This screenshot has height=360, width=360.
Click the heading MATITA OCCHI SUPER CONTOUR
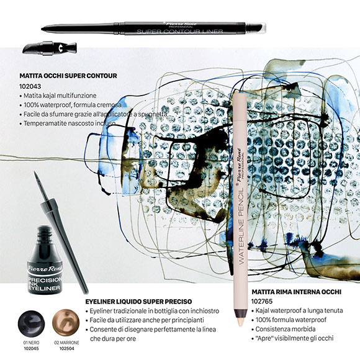tap(68, 76)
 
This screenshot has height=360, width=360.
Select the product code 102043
tap(30, 86)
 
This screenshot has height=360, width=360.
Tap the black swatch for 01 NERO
tap(31, 324)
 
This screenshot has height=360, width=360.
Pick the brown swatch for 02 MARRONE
tap(66, 322)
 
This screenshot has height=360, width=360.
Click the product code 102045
tap(31, 349)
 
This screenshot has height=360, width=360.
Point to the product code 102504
tap(67, 349)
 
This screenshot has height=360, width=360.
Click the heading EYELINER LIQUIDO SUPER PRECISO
tap(138, 302)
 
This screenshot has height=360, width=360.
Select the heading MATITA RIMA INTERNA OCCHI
tap(297, 292)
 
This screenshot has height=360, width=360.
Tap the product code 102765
tap(262, 301)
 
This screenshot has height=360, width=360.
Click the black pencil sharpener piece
tap(50, 48)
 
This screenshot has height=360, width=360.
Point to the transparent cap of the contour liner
tap(256, 27)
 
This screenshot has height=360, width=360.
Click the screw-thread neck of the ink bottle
tap(44, 232)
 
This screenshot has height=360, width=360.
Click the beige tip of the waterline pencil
tap(240, 320)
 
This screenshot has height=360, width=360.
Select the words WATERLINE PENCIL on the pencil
tap(241, 227)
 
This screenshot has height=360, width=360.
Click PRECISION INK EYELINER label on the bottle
tap(45, 284)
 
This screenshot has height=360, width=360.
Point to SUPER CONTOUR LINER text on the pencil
tap(180, 31)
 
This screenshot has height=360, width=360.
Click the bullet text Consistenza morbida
tap(286, 329)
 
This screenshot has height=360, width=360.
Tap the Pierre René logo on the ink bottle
tap(45, 268)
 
